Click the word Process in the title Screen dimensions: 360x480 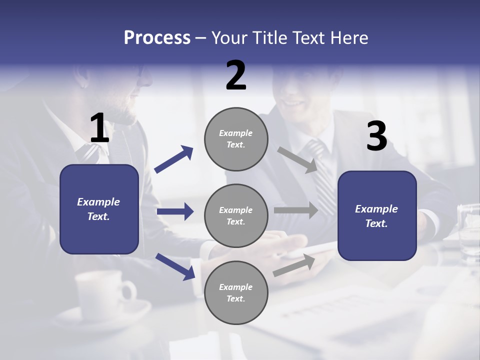(x=157, y=38)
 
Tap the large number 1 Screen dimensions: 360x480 (x=99, y=128)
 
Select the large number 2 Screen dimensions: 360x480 (x=236, y=75)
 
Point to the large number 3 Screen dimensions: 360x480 (x=376, y=136)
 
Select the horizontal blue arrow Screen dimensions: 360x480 (x=175, y=211)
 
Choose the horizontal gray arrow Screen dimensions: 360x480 (x=296, y=210)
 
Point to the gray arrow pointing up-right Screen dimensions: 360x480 (x=294, y=265)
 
